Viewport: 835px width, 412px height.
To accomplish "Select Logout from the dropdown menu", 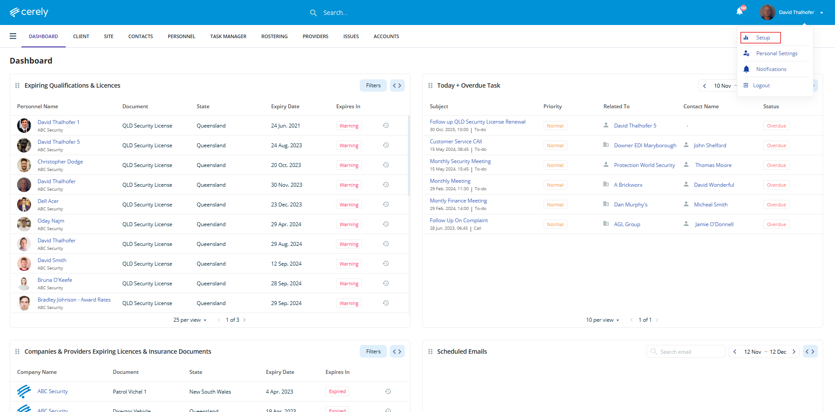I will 761,85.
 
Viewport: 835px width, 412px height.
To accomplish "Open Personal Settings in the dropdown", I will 776,53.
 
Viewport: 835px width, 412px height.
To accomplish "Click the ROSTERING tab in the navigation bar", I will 274,36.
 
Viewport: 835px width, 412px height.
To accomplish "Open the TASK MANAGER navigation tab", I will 228,36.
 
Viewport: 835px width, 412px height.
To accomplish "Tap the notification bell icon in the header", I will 739,12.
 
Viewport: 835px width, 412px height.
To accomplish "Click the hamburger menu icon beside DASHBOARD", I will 13,36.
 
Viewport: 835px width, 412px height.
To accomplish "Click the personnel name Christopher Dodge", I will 60,162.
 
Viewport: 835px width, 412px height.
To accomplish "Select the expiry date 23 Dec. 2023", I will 286,205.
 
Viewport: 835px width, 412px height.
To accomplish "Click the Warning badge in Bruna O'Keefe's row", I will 349,284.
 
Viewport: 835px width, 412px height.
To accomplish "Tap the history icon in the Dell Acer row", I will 386,204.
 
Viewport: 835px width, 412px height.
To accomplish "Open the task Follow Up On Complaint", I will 459,220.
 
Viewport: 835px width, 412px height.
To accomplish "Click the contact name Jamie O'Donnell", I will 714,224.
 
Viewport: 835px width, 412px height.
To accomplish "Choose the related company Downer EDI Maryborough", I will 645,146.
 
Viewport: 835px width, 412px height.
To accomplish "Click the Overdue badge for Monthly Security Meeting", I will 776,165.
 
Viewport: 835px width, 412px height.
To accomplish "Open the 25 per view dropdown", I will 190,320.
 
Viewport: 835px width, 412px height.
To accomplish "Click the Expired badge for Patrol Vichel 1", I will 337,391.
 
